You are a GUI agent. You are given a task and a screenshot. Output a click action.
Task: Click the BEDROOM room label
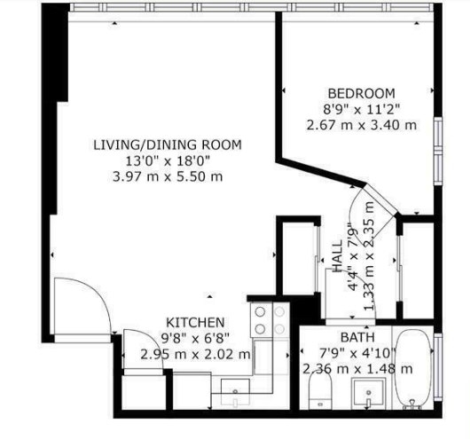[362, 93]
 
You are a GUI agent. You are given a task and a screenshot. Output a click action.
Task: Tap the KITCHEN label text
[195, 323]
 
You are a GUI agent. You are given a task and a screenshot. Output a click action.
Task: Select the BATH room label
[357, 337]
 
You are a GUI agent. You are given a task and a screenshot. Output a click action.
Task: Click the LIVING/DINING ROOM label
[168, 145]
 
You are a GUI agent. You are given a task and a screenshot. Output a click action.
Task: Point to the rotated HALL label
[338, 255]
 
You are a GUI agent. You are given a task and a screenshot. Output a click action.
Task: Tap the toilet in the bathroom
[320, 389]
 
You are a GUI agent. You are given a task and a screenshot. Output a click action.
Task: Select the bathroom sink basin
[368, 394]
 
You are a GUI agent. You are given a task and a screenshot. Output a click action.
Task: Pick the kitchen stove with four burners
[270, 320]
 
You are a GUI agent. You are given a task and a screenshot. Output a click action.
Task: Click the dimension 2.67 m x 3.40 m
[362, 125]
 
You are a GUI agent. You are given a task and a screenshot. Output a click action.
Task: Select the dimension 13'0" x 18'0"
[168, 161]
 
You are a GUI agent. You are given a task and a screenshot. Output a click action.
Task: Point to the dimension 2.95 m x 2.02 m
[195, 355]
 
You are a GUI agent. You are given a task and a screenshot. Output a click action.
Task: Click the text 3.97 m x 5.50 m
[168, 176]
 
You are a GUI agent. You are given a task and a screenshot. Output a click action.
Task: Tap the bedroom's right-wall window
[438, 151]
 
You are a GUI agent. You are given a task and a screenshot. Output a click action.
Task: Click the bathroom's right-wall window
[438, 367]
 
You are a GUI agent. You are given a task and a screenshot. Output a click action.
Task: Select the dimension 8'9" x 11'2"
[362, 109]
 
